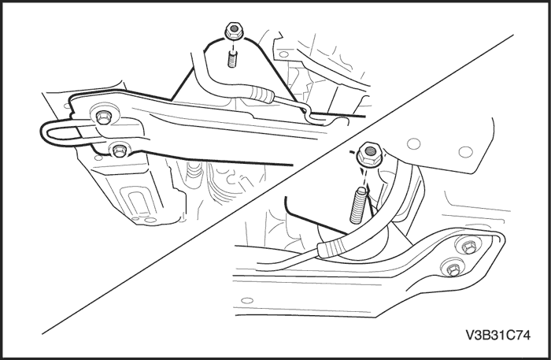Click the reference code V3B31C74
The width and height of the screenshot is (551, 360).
click(498, 336)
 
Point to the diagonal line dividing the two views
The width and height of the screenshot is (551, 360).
click(278, 184)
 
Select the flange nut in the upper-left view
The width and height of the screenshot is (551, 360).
click(232, 31)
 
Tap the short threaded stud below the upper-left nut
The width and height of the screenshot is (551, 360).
click(232, 59)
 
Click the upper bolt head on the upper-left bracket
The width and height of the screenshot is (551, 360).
click(103, 117)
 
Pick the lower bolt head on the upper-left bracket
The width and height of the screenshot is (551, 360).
click(119, 150)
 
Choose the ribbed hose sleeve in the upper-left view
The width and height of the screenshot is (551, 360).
click(261, 94)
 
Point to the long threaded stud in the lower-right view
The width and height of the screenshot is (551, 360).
click(358, 205)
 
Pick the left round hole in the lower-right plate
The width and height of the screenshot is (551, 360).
click(413, 143)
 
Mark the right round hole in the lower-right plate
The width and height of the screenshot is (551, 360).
click(466, 152)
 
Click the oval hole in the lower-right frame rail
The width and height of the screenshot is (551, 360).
click(247, 301)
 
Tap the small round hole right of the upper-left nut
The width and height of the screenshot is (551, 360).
click(283, 54)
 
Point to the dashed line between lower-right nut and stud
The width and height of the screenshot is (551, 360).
click(364, 176)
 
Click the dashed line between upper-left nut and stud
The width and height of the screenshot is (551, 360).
click(232, 44)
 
